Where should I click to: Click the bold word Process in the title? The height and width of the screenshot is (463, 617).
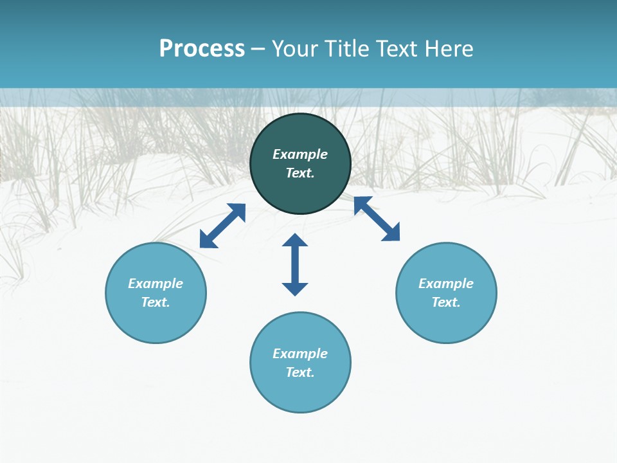pos(202,49)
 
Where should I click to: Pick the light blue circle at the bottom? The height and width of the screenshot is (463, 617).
pos(300,392)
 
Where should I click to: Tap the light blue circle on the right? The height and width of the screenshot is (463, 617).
pos(446,322)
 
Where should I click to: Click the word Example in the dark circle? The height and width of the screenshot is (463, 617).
pos(300,154)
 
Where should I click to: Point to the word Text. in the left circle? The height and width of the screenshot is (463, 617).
pos(156,302)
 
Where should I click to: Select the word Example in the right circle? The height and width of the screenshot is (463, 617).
pos(446,284)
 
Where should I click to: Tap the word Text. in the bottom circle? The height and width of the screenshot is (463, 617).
pos(300,372)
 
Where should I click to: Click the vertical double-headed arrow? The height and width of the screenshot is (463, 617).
pos(295,264)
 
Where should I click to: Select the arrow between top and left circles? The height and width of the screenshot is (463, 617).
pos(222,226)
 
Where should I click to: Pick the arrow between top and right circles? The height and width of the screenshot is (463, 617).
pos(377,219)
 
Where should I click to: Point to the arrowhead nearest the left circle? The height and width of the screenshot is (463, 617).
pos(208,240)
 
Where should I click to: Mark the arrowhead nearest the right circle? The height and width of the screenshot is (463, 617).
pos(391,233)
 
